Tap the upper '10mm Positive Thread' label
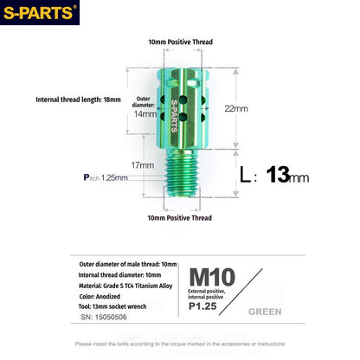(180, 42)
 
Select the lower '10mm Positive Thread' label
(180, 218)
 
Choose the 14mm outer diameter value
(145, 113)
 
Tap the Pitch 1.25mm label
(106, 177)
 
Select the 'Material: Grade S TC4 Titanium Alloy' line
(132, 285)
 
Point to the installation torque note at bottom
(180, 344)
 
